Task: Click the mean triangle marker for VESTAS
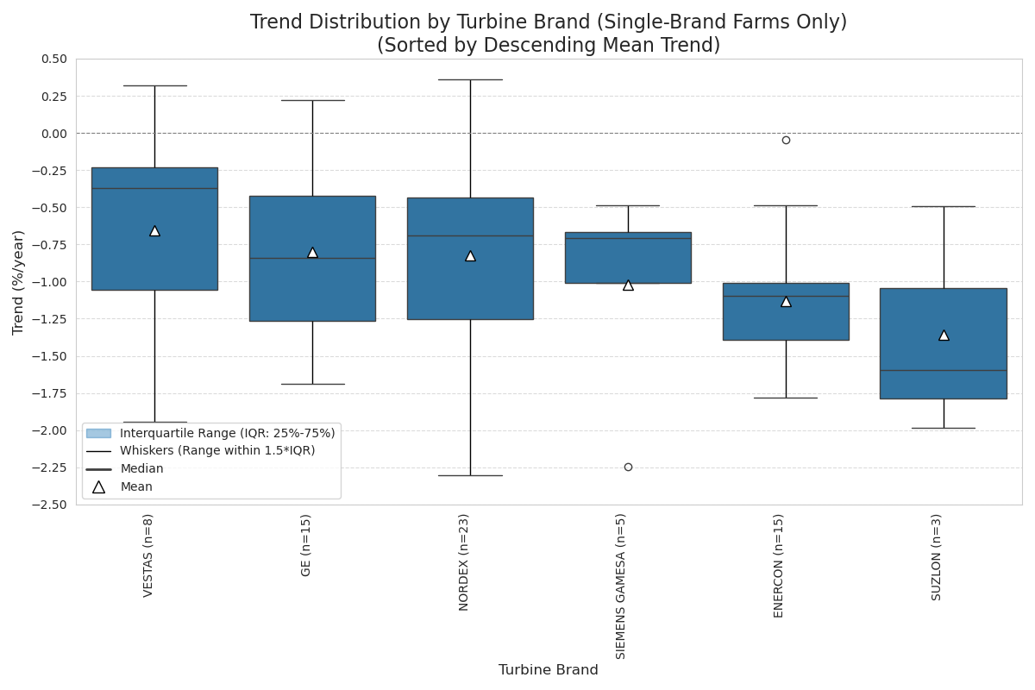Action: tap(154, 230)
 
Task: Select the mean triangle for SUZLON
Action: tap(944, 335)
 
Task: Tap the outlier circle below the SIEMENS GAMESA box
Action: tap(628, 467)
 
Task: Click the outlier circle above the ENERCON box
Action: tap(786, 140)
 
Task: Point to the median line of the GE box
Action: tap(312, 258)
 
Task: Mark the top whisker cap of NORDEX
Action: tap(470, 79)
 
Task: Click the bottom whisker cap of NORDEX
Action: tap(470, 475)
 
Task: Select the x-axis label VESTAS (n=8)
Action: tap(148, 555)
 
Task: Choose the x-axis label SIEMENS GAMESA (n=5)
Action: tap(621, 586)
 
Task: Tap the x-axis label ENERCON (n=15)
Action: tap(779, 565)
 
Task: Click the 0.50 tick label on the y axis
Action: tap(53, 59)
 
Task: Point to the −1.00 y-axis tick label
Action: tap(50, 282)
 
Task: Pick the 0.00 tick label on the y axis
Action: tap(53, 134)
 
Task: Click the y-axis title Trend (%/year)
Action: tap(19, 282)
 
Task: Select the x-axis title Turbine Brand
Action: tap(549, 670)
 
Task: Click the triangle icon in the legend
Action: tap(98, 487)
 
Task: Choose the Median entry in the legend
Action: tap(141, 469)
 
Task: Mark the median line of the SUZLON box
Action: tap(944, 370)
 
